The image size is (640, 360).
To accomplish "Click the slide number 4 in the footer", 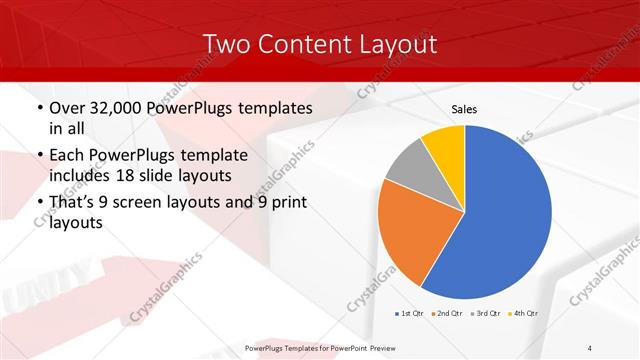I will click(x=590, y=347).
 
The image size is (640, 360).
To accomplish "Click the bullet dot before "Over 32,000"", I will click(x=39, y=108).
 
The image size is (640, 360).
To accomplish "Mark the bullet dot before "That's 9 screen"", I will click(x=39, y=204).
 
